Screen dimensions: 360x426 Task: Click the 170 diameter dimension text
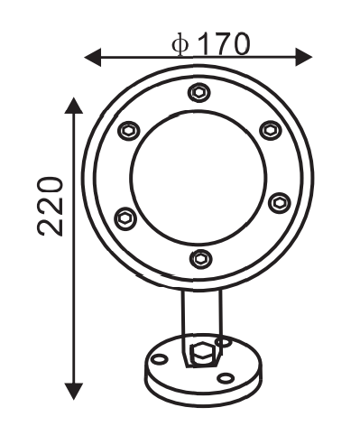pyautogui.click(x=224, y=44)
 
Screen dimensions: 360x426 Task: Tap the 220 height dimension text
pyautogui.click(x=50, y=207)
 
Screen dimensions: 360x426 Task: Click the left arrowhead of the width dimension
pyautogui.click(x=92, y=57)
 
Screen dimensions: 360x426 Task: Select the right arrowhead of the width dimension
pyautogui.click(x=304, y=57)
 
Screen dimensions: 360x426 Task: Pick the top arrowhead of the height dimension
pyautogui.click(x=74, y=106)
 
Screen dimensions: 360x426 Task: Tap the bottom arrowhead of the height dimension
pyautogui.click(x=74, y=391)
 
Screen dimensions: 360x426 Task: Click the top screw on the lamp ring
pyautogui.click(x=198, y=92)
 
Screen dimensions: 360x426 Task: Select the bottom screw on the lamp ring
pyautogui.click(x=200, y=259)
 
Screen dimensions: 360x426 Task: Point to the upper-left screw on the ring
pyautogui.click(x=128, y=131)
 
